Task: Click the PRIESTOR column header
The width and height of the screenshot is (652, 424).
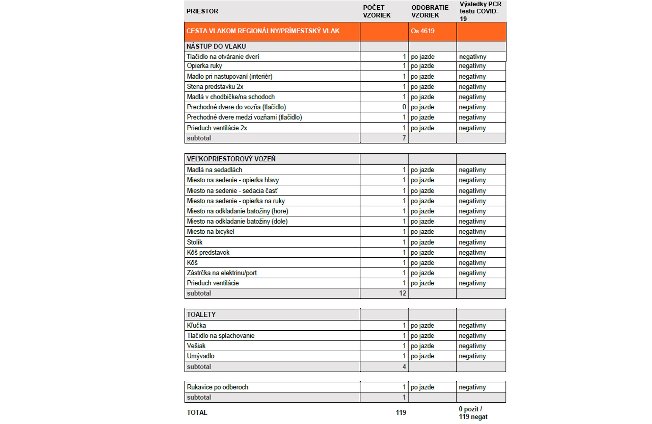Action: point(202,11)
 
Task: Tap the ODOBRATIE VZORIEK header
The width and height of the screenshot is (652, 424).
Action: point(430,11)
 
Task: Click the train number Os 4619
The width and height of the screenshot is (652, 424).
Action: point(422,31)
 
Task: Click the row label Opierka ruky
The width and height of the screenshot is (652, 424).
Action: point(204,66)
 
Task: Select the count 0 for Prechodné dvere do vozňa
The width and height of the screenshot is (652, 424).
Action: point(404,107)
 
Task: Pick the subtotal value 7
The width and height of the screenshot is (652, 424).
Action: point(404,138)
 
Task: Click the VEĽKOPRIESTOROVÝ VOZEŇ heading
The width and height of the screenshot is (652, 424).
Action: point(231,159)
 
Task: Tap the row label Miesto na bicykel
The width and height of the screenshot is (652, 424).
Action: point(210,232)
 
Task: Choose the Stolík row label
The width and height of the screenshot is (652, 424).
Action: point(194,242)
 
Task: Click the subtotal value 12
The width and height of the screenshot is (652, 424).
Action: point(402,293)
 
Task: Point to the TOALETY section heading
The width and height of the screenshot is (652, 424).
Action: point(201,314)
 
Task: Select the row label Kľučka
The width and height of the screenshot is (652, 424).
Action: point(196,326)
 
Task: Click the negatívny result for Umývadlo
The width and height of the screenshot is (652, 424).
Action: point(472,356)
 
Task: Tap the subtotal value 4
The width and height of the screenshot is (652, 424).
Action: point(404,367)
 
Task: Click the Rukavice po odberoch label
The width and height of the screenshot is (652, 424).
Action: point(217,387)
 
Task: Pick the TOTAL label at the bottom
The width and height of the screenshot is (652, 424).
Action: point(197,413)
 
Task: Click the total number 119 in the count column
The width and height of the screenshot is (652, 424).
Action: point(401,413)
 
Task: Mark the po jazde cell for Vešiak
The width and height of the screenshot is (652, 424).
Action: point(422,346)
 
